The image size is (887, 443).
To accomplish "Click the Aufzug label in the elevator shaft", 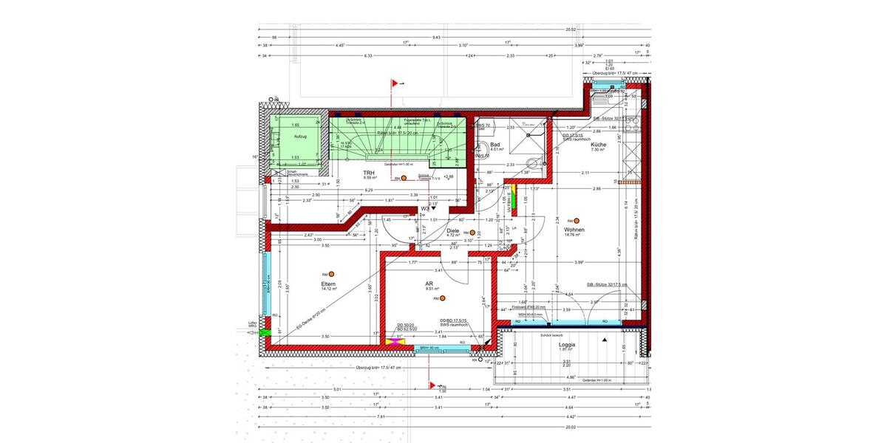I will click(x=300, y=137).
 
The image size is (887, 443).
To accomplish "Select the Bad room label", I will click(x=495, y=145).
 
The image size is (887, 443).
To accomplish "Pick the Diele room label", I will click(x=453, y=230).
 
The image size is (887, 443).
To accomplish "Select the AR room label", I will click(x=429, y=284).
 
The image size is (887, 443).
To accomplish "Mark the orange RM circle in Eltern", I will click(x=332, y=274).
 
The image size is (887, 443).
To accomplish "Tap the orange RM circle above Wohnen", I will click(x=579, y=221).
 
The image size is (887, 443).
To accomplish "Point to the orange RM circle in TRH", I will click(x=404, y=178).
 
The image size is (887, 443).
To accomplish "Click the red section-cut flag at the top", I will click(x=395, y=83).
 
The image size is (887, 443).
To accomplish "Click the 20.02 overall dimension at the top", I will click(x=570, y=30).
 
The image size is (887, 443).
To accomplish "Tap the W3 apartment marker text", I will click(x=426, y=209).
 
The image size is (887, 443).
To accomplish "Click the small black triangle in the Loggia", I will click(x=605, y=337).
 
